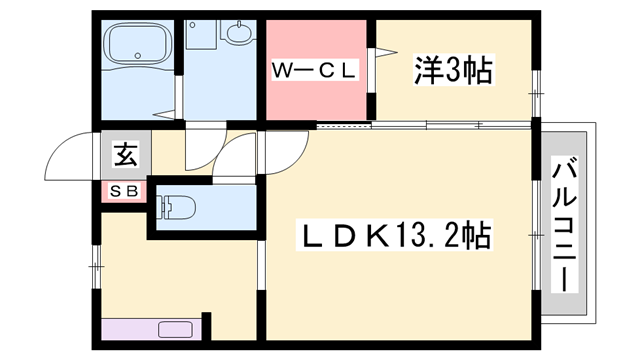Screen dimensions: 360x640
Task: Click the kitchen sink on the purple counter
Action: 176,329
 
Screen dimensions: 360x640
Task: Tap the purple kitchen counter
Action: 150,329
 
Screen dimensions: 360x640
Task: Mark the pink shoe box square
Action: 125,189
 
